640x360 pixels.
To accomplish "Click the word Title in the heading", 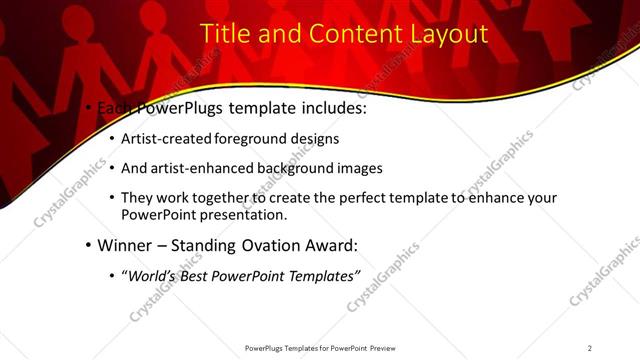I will (225, 33).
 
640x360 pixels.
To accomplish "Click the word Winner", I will (126, 244).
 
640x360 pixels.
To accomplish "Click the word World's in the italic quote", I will (156, 275).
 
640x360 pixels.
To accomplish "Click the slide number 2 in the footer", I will (590, 348).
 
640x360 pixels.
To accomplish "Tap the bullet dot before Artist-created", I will (110, 139).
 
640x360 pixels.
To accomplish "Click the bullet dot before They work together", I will (110, 198).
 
